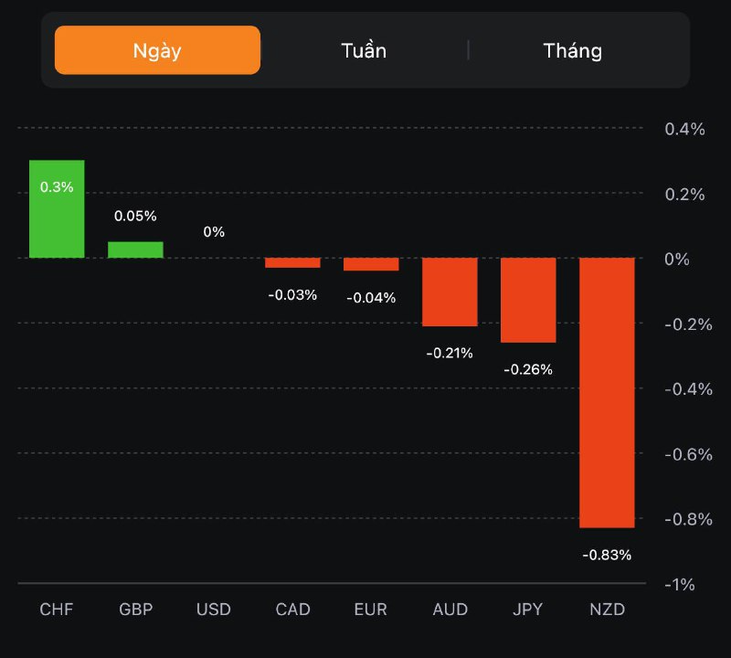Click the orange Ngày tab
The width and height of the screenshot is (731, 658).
(157, 49)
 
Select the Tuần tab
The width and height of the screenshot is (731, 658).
(364, 50)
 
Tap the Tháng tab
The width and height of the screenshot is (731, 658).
(573, 50)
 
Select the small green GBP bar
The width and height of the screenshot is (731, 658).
(135, 249)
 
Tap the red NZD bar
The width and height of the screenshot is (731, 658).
(607, 393)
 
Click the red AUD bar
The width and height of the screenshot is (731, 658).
(450, 292)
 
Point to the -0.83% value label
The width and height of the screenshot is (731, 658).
(607, 555)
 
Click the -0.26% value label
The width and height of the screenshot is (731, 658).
(528, 369)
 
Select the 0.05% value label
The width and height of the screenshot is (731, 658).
(135, 217)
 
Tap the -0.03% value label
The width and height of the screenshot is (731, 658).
(292, 294)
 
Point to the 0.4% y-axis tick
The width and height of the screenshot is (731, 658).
(684, 129)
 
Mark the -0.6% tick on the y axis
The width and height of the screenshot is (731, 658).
(687, 454)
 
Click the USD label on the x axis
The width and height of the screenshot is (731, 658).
(214, 610)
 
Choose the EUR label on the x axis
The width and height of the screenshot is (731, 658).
(371, 610)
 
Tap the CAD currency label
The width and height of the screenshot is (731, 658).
(292, 610)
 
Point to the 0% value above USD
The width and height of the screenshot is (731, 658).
(214, 232)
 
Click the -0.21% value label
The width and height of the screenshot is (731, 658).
(450, 353)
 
